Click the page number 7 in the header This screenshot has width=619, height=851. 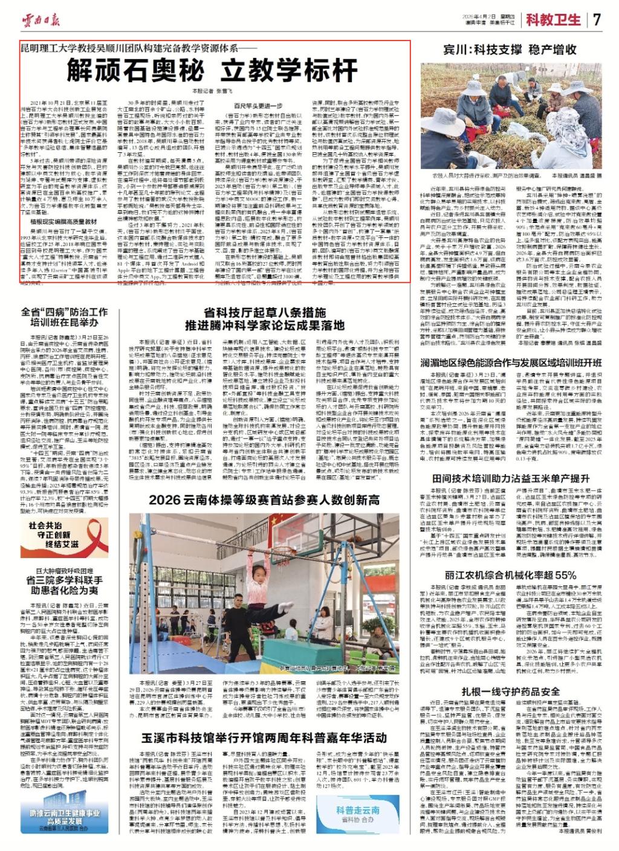pos(597,19)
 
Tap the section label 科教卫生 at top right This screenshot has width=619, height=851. pos(553,19)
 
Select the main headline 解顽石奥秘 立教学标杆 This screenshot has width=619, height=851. pos(212,71)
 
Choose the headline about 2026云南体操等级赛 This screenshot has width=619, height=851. pos(264,499)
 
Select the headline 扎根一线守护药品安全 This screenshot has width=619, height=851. pos(511,692)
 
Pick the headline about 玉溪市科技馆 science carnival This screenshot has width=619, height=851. pos(264,738)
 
